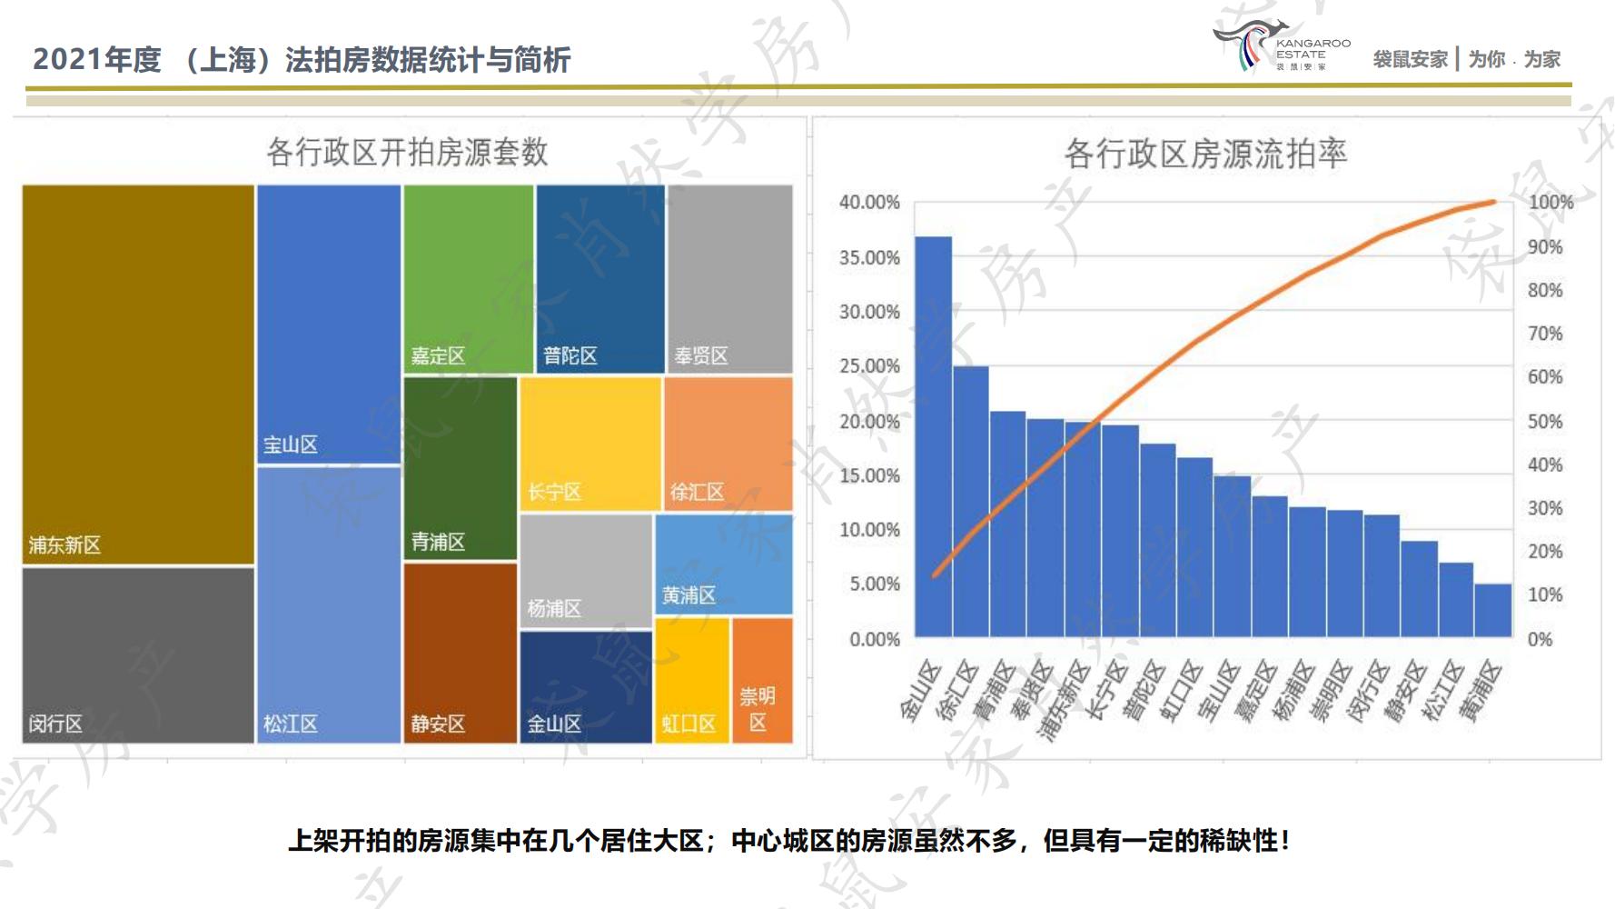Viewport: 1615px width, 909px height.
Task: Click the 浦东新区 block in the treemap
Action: pos(138,375)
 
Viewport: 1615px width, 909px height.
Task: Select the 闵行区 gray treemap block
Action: pos(138,654)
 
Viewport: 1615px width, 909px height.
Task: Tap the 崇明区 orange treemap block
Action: pos(762,680)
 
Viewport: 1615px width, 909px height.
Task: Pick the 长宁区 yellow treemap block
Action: pos(590,444)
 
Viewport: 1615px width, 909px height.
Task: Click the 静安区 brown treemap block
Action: pos(460,653)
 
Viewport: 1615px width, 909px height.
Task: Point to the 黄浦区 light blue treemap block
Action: pos(723,564)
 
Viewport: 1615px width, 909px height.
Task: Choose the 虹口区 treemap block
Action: pos(692,680)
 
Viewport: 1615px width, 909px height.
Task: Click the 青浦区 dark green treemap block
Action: pos(460,467)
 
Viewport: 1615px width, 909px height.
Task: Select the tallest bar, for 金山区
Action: pos(933,436)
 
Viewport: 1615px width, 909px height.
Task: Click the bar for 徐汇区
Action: pos(970,501)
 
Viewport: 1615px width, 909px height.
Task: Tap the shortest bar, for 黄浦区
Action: pos(1492,610)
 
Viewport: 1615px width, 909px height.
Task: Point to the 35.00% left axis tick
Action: pos(869,257)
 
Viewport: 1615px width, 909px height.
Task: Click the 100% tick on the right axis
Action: pos(1550,203)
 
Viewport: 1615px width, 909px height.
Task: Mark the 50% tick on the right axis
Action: pos(1544,422)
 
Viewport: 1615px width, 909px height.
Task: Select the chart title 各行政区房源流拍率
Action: pos(1204,154)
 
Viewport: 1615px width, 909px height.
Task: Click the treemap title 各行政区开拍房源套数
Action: pos(407,152)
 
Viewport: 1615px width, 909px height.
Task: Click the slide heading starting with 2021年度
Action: pos(302,60)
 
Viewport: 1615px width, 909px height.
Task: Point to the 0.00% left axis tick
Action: pos(874,639)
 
